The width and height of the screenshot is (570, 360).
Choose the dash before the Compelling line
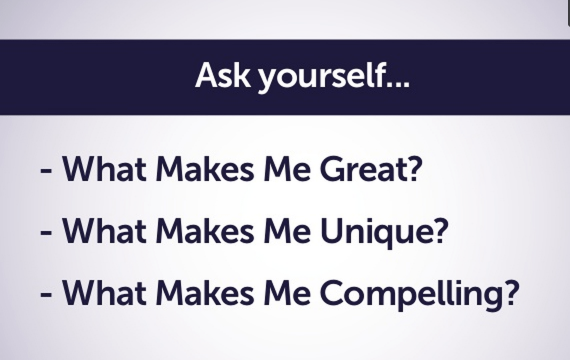pos(46,295)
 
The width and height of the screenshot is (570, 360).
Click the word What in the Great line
pos(104,169)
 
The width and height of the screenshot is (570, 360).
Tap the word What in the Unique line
pos(104,231)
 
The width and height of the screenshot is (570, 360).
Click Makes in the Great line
pos(205,169)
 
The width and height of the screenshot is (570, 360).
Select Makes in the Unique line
pos(205,231)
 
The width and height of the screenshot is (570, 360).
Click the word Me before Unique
pos(287,231)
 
